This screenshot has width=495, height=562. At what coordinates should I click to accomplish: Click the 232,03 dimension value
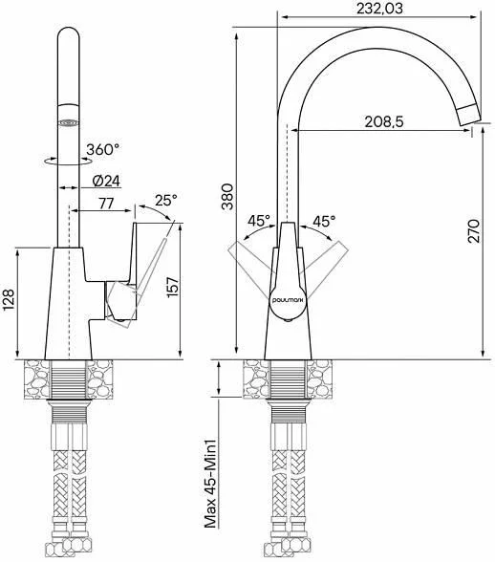pos(379,9)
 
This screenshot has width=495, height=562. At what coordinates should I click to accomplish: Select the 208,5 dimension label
pos(384,122)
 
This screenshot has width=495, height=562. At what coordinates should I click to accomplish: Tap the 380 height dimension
pos(227,197)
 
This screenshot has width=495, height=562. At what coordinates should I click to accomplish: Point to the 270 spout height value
pos(473,231)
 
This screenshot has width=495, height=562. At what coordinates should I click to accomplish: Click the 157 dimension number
pos(173,287)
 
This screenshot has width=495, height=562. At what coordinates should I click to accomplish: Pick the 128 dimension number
pos(9,299)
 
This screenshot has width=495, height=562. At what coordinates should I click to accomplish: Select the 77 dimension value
pos(106,204)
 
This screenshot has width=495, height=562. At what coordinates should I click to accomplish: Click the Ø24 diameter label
pos(106,181)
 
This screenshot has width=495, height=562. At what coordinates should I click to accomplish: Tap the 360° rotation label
pos(102,149)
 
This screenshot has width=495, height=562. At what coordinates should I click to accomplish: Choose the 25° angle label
pos(166,200)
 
